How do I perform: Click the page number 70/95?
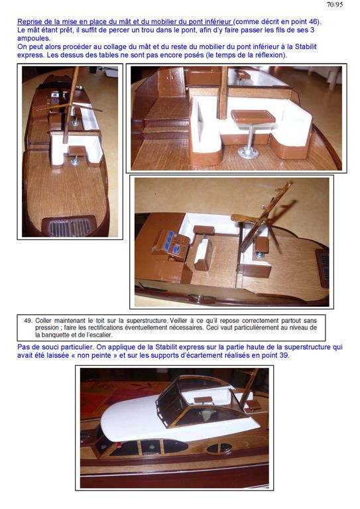[334, 5]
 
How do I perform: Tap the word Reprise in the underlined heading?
[29, 22]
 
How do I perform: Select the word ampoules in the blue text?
[32, 38]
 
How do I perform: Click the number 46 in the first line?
[312, 22]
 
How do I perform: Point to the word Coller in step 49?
[43, 321]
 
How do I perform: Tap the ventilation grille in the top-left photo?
[70, 225]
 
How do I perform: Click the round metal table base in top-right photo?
[248, 152]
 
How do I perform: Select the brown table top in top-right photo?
[253, 115]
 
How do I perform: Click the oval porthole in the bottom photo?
[219, 448]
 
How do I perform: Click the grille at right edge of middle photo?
[323, 268]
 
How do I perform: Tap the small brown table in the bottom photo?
[202, 400]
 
